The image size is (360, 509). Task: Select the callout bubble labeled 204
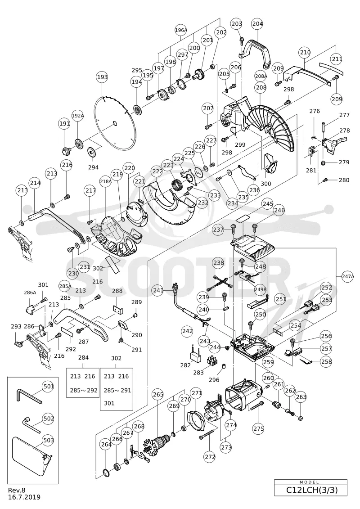(257, 24)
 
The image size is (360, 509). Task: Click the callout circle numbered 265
(158, 394)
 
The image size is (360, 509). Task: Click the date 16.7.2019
(24, 497)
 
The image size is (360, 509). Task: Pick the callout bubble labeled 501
(48, 386)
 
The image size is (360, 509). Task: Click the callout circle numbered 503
(48, 440)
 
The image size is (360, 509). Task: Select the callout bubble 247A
(348, 277)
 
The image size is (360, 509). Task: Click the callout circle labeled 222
(158, 171)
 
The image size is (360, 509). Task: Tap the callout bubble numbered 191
(65, 124)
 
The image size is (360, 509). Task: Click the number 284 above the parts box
(83, 358)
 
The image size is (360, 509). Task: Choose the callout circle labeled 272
(210, 457)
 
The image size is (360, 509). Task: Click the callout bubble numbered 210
(305, 52)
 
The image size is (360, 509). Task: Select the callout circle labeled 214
(36, 183)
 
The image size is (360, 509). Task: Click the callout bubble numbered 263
(301, 396)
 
